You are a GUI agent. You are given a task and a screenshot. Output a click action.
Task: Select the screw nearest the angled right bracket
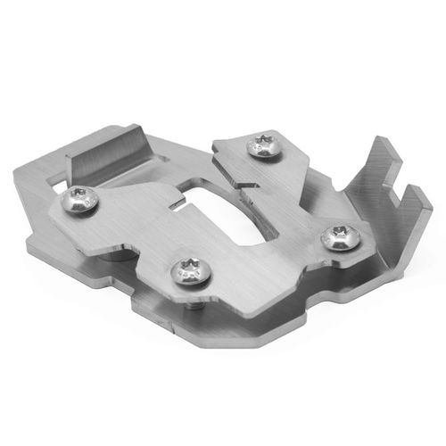coord(340,237)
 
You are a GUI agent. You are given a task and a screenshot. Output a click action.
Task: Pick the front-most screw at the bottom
coord(191,268)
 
